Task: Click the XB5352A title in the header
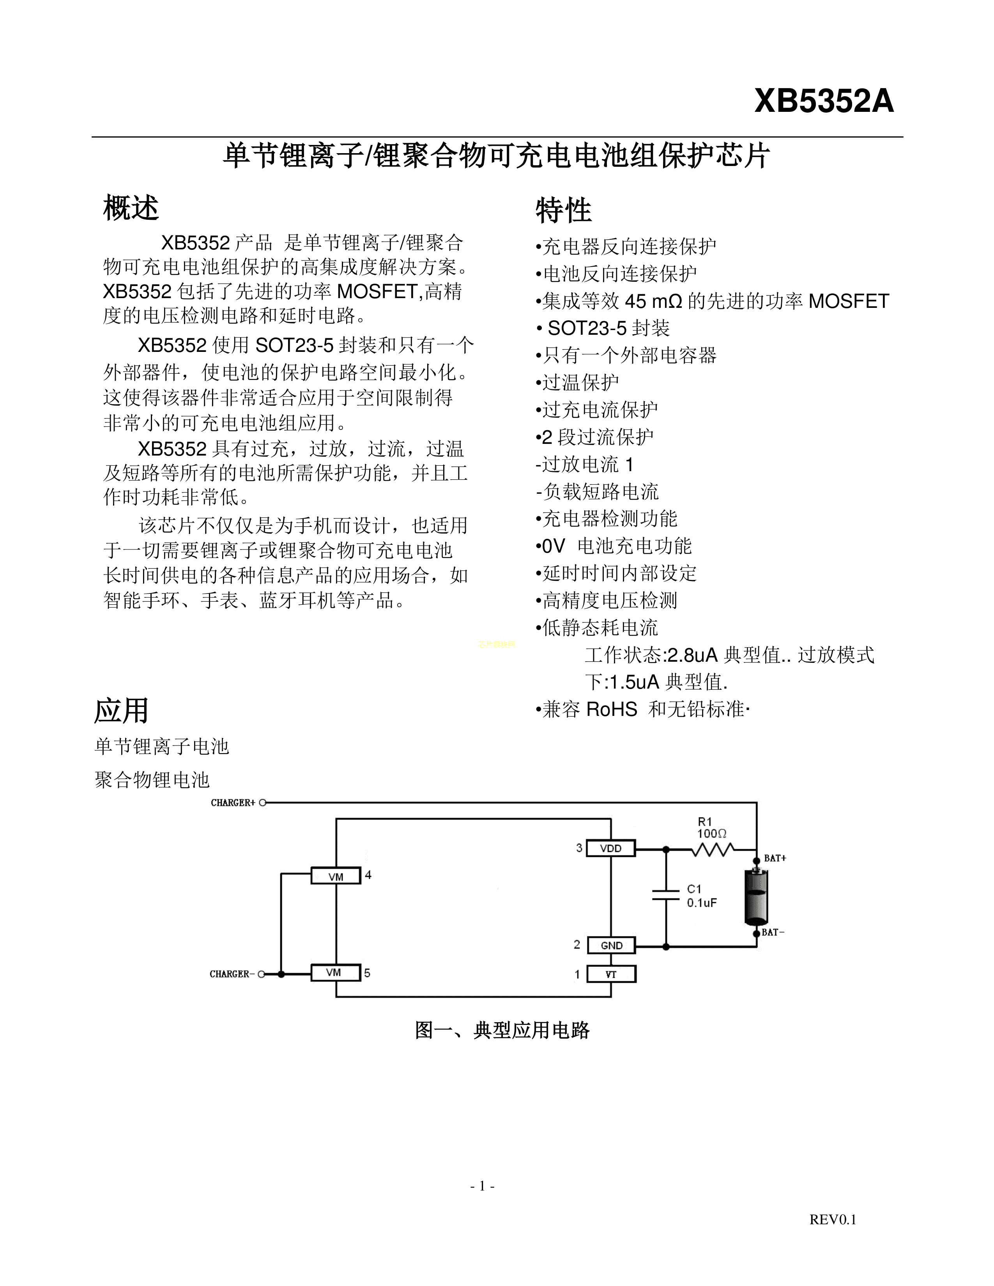pos(824,101)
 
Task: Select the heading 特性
pos(563,210)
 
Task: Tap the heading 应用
pos(121,711)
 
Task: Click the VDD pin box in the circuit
pos(611,848)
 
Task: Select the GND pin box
pos(611,946)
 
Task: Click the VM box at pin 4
pos(336,876)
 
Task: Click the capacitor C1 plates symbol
pos(666,896)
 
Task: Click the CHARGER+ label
pos(233,802)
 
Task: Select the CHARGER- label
pos(232,974)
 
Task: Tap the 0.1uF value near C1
pos(701,903)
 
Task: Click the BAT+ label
pos(775,859)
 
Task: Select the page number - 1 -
pos(482,1186)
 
